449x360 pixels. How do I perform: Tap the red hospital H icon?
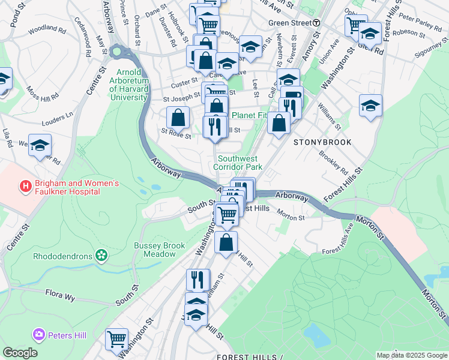click(x=25, y=187)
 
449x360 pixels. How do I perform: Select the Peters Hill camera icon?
click(x=39, y=333)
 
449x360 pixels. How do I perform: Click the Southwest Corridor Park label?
click(x=240, y=163)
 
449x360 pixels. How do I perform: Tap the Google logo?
click(x=20, y=353)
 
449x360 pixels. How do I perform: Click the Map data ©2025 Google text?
click(x=412, y=355)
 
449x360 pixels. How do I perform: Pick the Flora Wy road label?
click(x=58, y=293)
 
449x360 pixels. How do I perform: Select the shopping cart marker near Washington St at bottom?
click(x=116, y=339)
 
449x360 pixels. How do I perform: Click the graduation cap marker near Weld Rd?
click(x=40, y=146)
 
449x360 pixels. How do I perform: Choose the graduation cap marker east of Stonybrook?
click(x=371, y=106)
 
